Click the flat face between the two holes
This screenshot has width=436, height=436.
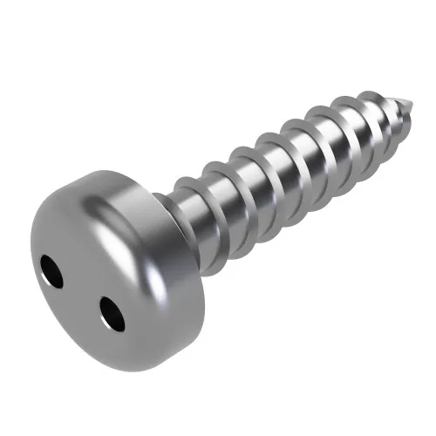(x=81, y=293)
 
